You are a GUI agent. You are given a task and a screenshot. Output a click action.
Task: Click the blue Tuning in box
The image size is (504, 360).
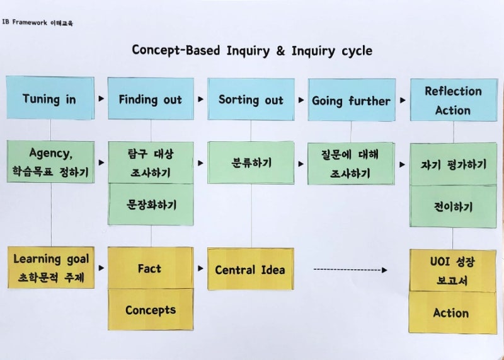click(x=50, y=99)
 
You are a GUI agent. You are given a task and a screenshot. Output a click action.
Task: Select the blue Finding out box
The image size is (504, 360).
click(x=150, y=99)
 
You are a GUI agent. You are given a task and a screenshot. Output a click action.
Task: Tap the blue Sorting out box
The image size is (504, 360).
click(x=251, y=100)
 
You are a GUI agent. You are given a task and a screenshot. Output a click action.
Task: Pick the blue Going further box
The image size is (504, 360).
click(x=351, y=100)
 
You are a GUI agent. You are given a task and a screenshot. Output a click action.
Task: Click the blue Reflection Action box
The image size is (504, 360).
click(x=452, y=100)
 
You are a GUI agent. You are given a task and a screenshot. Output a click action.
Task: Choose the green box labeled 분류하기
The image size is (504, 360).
click(x=251, y=163)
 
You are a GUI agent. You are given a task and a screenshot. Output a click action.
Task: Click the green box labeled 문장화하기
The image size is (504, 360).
click(x=151, y=204)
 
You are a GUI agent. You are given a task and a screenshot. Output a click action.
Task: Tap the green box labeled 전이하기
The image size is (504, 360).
click(x=453, y=207)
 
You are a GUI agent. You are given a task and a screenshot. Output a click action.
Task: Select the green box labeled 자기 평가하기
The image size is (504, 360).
click(x=453, y=165)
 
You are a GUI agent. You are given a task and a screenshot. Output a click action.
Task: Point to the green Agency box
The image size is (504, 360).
click(x=50, y=162)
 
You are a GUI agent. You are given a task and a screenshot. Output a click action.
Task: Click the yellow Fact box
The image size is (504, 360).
click(x=150, y=269)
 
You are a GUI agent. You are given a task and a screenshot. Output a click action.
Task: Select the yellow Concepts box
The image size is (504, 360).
click(x=150, y=310)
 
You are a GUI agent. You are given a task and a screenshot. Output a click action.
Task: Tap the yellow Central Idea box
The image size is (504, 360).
click(x=250, y=269)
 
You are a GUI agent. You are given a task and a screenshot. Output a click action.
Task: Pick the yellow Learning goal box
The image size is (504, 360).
click(x=50, y=267)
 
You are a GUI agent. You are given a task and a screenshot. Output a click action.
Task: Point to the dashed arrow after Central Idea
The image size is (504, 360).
click(x=350, y=270)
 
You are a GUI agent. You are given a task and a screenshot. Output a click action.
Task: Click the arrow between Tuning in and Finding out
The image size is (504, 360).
click(x=101, y=99)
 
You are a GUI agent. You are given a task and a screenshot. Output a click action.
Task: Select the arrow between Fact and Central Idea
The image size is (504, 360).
click(x=201, y=269)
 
